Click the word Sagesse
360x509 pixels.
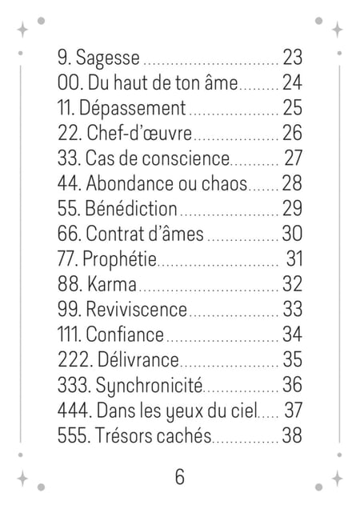(108, 58)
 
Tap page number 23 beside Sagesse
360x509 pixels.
(292, 57)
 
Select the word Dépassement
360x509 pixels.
(133, 108)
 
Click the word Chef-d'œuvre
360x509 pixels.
(139, 133)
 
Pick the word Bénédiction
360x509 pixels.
(131, 208)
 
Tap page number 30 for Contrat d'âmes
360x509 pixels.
(292, 234)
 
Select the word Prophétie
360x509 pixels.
(119, 259)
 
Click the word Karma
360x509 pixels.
(111, 284)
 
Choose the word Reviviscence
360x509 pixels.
(136, 309)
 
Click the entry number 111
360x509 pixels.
(70, 335)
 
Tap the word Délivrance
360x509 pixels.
(138, 359)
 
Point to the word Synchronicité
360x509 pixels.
(149, 386)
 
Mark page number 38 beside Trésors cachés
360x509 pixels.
(292, 435)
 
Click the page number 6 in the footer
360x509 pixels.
(180, 477)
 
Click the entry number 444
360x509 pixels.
(74, 410)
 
